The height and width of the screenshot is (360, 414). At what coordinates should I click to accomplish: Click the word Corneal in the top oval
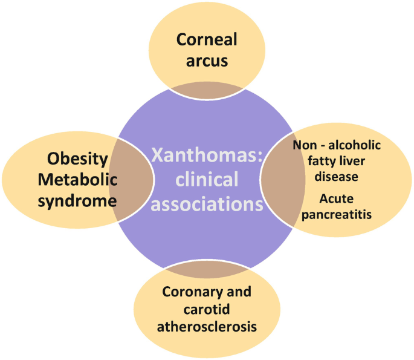click(207, 40)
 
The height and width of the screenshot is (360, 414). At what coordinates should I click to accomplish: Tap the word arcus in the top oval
click(207, 61)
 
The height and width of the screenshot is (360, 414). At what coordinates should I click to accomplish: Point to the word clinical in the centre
click(207, 180)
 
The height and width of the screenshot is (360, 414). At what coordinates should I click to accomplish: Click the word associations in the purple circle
click(207, 204)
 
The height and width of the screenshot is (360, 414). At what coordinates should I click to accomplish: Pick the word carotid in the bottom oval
click(206, 309)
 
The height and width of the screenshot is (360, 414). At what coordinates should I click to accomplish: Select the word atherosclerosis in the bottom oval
click(207, 327)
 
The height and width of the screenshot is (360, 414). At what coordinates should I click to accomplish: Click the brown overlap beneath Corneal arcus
click(206, 91)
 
